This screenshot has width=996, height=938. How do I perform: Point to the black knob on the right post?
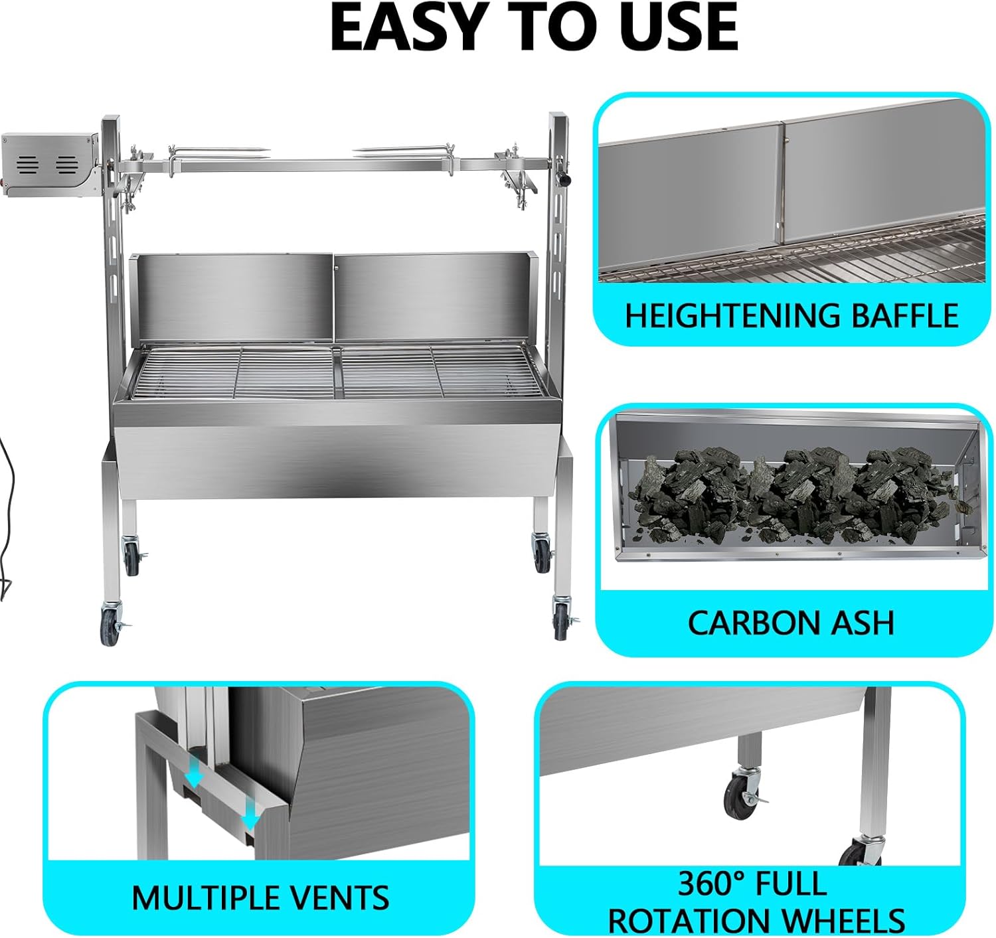pos(563,179)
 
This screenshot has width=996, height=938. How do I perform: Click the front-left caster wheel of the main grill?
pos(110,625)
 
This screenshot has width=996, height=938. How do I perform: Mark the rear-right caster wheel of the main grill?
pos(542,552)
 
